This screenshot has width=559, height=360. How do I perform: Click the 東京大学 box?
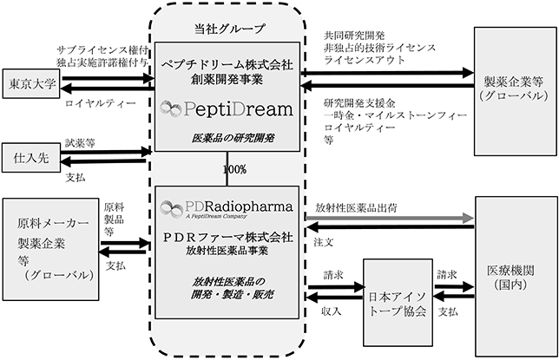(x=31, y=84)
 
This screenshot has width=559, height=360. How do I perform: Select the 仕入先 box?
(x=31, y=158)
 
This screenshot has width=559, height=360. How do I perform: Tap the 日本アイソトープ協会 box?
(x=398, y=303)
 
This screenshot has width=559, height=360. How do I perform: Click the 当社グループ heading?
(x=230, y=29)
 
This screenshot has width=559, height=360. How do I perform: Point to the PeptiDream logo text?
(x=238, y=108)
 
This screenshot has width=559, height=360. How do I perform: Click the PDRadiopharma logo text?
(x=239, y=206)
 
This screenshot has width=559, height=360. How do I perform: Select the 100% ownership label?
(x=234, y=169)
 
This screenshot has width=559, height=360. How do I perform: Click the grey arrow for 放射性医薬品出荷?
(x=390, y=218)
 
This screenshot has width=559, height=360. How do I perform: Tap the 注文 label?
(x=324, y=242)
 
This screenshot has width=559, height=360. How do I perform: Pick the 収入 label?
(x=332, y=311)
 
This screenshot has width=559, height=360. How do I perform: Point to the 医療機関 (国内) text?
(x=510, y=278)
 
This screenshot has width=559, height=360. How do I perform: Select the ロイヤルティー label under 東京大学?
(x=101, y=104)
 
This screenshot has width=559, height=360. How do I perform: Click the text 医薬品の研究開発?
(x=233, y=138)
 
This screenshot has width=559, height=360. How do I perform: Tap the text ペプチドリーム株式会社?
(x=227, y=65)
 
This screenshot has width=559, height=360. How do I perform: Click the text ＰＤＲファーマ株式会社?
(x=228, y=238)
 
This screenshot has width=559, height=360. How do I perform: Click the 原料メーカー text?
(x=53, y=224)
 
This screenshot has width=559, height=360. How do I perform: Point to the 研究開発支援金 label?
(x=359, y=103)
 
